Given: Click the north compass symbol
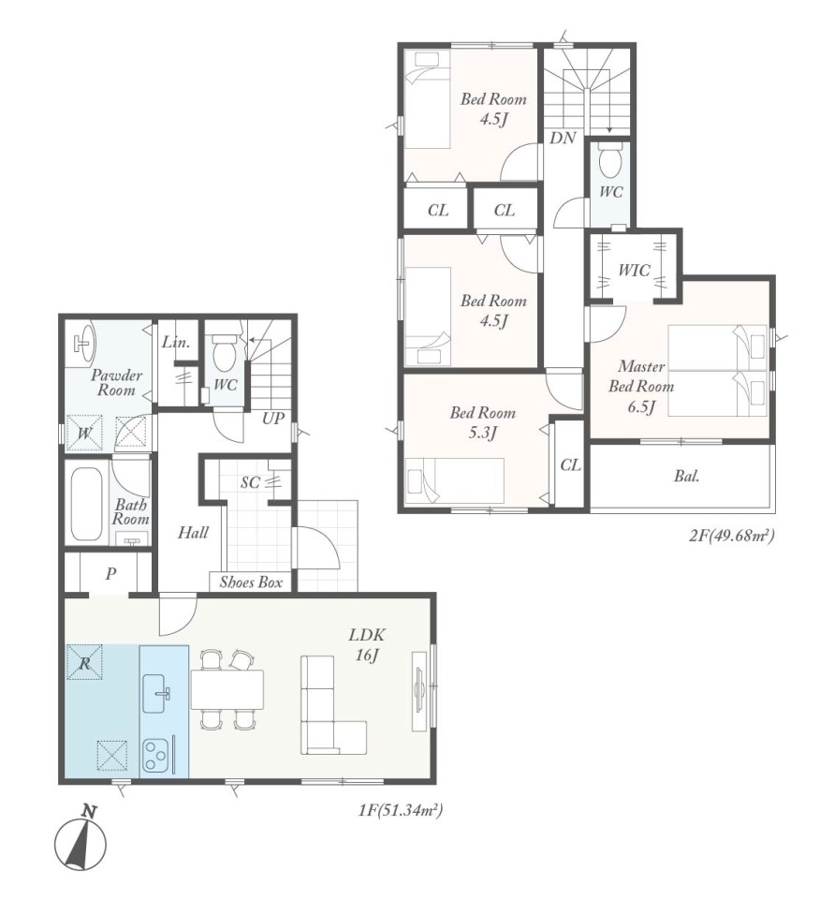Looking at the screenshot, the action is [x=81, y=838].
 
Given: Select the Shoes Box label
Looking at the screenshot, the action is [x=251, y=582].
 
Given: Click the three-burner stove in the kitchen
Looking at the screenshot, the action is [x=154, y=757].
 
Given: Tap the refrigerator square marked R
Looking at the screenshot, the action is [x=84, y=663].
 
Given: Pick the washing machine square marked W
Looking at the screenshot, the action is [x=84, y=433].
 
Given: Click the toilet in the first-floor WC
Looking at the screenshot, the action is [x=223, y=354].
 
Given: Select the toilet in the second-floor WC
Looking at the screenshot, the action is [x=609, y=159].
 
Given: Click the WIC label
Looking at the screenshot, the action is [x=634, y=270].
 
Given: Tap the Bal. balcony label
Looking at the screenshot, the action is [x=686, y=476].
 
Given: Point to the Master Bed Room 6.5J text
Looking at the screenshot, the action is [x=641, y=386].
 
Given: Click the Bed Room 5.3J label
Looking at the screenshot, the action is [x=482, y=422].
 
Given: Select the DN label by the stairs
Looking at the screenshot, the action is [x=563, y=138].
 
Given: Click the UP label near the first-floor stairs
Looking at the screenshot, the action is [x=273, y=418].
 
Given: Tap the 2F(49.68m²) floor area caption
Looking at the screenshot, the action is [x=732, y=536].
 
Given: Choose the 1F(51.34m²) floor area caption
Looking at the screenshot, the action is [x=401, y=810].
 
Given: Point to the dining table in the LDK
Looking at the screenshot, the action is [x=227, y=688].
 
